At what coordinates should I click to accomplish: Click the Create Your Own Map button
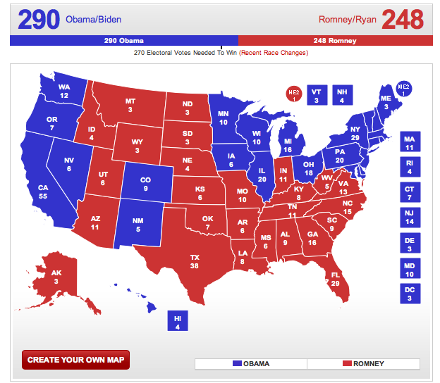[75, 360]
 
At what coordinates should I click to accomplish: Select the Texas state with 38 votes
[195, 262]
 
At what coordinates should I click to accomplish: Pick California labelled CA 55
[44, 192]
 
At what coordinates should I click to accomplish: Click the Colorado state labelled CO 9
[146, 184]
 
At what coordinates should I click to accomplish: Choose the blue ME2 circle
[404, 89]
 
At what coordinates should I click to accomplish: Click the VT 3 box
[317, 95]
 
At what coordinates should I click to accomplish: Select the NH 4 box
[342, 95]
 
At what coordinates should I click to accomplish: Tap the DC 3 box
[410, 294]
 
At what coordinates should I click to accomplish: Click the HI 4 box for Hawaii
[178, 322]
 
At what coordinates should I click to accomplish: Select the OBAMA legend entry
[250, 363]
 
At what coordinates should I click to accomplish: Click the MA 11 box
[410, 143]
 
